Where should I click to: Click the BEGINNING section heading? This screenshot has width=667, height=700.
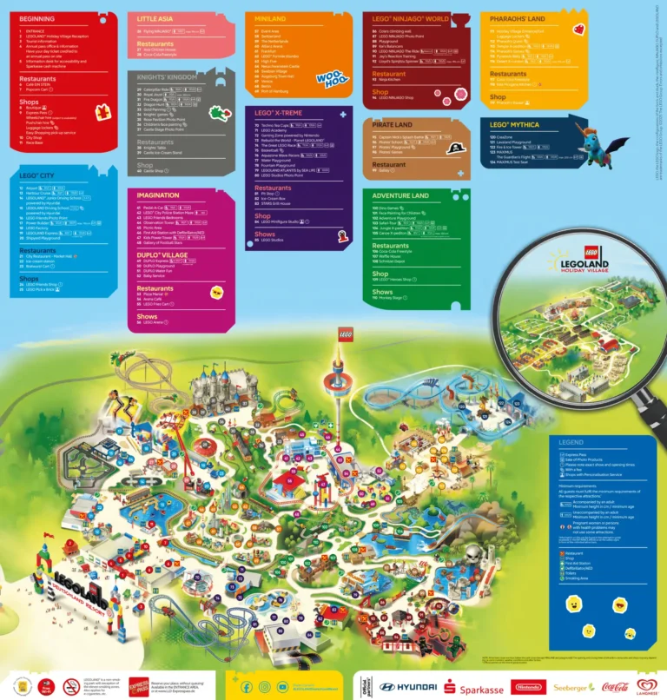coord(36,18)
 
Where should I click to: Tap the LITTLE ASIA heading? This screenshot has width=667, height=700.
coord(155,18)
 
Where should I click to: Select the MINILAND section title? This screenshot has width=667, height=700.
coord(266,18)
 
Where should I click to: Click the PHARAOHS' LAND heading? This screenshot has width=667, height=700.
coord(518,18)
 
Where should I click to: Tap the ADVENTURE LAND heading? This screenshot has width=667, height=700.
coord(401,196)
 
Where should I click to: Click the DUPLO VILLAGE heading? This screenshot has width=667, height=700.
coord(162,254)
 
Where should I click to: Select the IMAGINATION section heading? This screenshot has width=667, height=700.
coord(158,195)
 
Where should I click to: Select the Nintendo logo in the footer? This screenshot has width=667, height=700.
coord(529,686)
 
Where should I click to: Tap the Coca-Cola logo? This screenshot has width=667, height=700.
coord(616,686)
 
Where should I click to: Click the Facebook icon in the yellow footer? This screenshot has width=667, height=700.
coord(247,686)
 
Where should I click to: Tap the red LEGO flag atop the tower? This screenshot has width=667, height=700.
coord(345,335)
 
